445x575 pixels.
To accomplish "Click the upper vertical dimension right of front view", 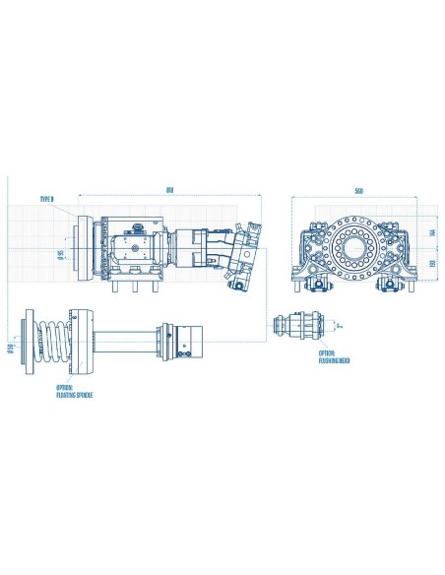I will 431,233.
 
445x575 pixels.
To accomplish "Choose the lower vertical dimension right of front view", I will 431,265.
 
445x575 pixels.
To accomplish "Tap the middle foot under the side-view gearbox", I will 132,287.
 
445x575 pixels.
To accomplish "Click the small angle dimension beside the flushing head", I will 336,323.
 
